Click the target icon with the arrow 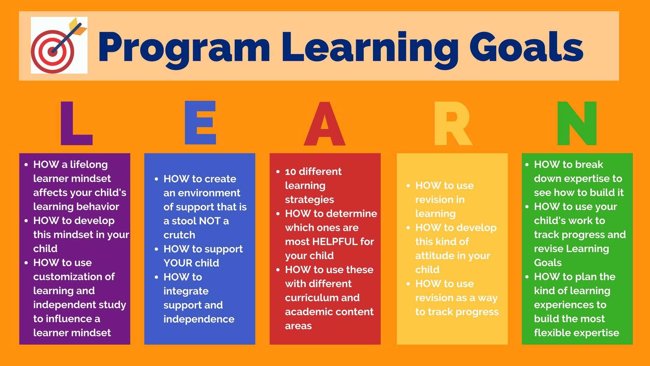coord(59,45)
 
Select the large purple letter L coord(76,123)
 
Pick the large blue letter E coord(200,123)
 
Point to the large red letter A coord(325,123)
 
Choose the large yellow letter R coord(453,123)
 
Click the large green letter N coord(577,123)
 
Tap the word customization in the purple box coord(63,277)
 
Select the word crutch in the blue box coord(179,235)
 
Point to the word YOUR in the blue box coord(176,263)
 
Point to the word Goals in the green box coord(548,263)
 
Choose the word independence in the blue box coord(199,319)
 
